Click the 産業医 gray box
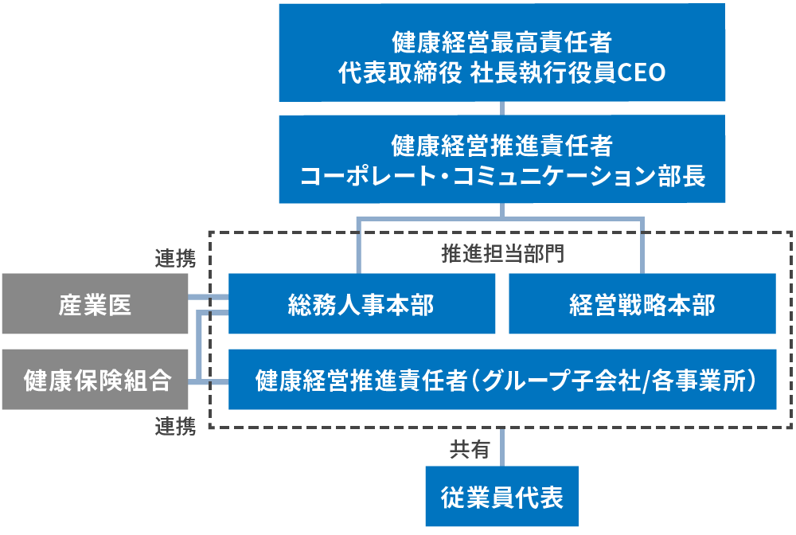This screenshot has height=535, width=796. (x=95, y=304)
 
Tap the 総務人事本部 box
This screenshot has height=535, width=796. (x=361, y=304)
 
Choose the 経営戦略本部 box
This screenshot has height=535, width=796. (x=642, y=304)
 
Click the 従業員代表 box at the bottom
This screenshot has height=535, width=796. (x=501, y=498)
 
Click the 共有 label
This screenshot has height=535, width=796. (x=470, y=451)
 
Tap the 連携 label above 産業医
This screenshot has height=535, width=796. (x=175, y=259)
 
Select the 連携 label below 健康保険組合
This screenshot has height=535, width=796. (x=175, y=428)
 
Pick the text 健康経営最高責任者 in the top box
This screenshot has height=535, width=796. (x=501, y=40)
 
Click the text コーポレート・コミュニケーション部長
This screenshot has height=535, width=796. (x=501, y=176)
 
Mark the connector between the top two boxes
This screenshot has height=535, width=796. (x=501, y=108)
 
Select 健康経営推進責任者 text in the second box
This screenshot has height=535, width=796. (x=501, y=146)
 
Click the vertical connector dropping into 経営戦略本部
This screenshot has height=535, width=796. (x=642, y=247)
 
